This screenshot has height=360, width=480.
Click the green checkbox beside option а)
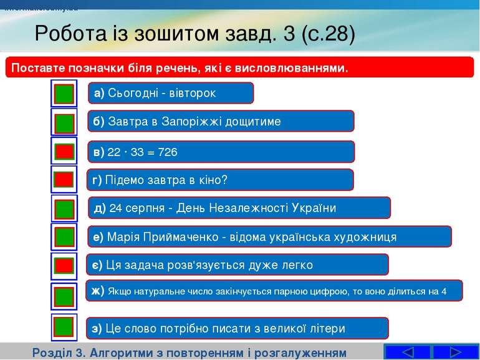(x=64, y=94)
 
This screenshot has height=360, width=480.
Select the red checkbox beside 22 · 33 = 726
(x=64, y=152)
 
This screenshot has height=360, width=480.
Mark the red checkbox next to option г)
(x=64, y=180)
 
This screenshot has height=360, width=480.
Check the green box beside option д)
(x=64, y=209)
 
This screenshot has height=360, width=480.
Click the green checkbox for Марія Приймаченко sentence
(x=64, y=237)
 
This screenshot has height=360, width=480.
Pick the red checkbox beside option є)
(x=64, y=265)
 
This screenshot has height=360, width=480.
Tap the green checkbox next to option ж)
(x=64, y=295)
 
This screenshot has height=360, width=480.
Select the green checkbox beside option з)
(x=64, y=327)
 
